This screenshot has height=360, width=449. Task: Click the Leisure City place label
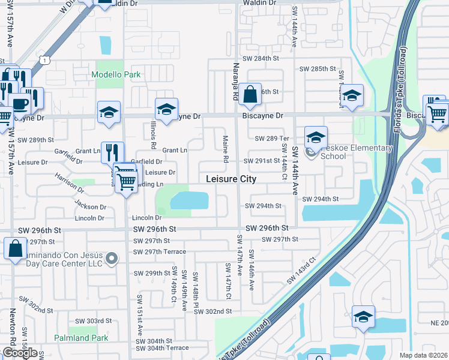pos(231,179)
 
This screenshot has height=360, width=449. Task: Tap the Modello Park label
pos(116,75)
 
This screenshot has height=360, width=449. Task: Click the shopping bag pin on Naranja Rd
pos(250,95)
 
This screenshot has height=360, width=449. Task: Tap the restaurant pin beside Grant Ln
pos(112,153)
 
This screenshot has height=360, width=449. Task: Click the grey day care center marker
pos(111,259)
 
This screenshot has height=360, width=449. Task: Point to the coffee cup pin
pos(19,103)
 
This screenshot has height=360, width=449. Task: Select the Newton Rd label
pos(12,328)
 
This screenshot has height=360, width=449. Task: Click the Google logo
pos(19,353)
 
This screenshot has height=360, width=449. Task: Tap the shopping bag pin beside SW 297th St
pos(14,248)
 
